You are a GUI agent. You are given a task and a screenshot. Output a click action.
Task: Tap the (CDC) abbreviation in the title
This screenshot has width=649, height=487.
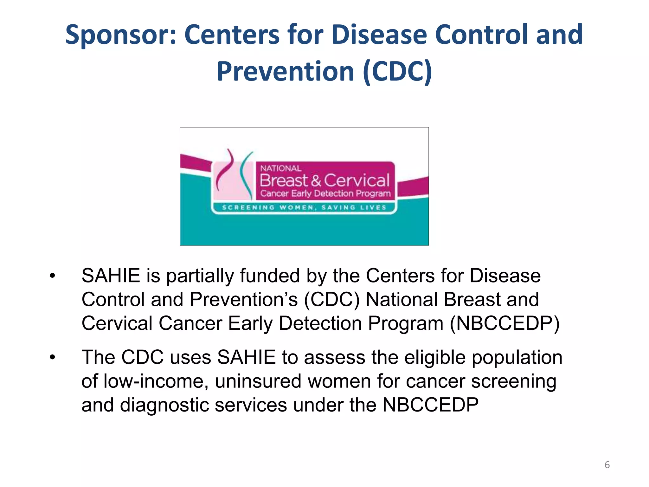(397, 72)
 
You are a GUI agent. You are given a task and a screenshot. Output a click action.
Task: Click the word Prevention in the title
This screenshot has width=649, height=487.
(285, 72)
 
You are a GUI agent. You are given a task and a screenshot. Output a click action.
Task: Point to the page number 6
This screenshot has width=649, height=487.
(607, 465)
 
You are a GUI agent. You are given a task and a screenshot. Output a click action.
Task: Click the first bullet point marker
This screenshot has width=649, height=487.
(52, 276)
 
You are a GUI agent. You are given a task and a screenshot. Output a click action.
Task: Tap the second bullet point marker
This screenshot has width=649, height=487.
(52, 358)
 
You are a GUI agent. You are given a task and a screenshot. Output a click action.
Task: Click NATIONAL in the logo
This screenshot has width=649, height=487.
(281, 168)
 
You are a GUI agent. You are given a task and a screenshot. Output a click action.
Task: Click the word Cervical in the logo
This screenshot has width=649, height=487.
(357, 180)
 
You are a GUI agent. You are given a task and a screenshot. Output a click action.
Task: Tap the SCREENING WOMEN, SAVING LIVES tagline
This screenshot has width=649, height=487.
(304, 208)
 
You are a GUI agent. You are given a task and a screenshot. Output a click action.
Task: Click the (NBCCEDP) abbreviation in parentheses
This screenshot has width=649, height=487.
(504, 323)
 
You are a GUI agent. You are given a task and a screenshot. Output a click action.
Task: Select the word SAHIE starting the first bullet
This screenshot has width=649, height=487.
(111, 276)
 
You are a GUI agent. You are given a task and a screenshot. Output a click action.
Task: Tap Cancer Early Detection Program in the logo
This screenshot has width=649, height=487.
(325, 193)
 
